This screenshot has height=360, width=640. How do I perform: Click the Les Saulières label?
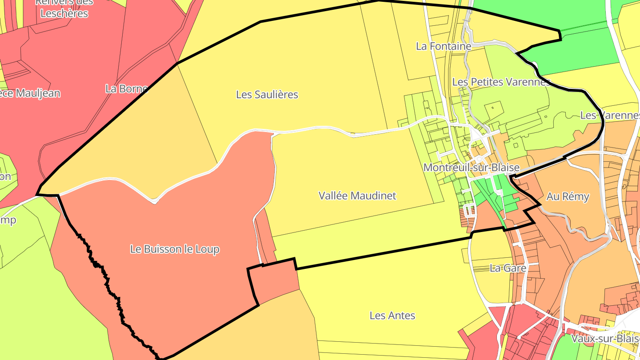[x=267, y=94]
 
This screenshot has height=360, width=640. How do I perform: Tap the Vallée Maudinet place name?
[x=357, y=196]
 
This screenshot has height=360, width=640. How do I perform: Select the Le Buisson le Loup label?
[x=175, y=249]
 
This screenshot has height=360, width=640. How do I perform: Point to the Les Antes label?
[x=392, y=316]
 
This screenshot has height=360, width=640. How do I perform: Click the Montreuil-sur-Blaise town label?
[x=471, y=168]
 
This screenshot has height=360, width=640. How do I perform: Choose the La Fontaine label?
[x=443, y=46]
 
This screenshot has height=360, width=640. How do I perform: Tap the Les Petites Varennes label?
[x=501, y=82]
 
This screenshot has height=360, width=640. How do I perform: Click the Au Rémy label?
[x=568, y=196]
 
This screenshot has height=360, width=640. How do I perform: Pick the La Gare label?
[x=508, y=268]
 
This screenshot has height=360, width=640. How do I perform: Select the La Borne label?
[x=126, y=88]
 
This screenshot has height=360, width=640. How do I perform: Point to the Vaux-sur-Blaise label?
[x=605, y=338]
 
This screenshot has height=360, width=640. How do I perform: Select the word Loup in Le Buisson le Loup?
[x=207, y=249]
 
